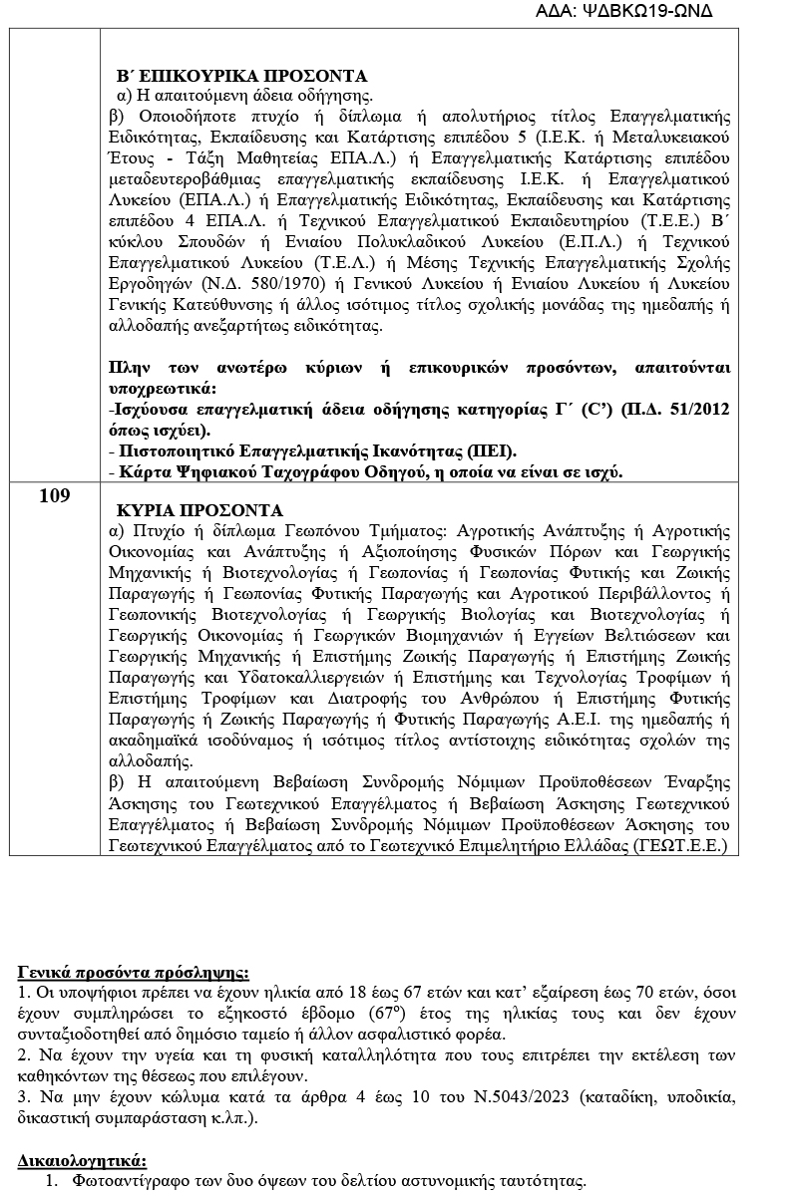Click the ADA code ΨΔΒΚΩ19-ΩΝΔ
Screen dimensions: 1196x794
tap(649, 11)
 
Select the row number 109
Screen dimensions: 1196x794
tap(55, 495)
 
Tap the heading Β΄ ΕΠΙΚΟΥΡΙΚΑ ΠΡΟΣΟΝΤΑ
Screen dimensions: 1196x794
tap(242, 76)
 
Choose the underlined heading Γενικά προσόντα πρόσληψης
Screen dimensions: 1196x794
tap(134, 972)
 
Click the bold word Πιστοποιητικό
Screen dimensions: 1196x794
tap(183, 451)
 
